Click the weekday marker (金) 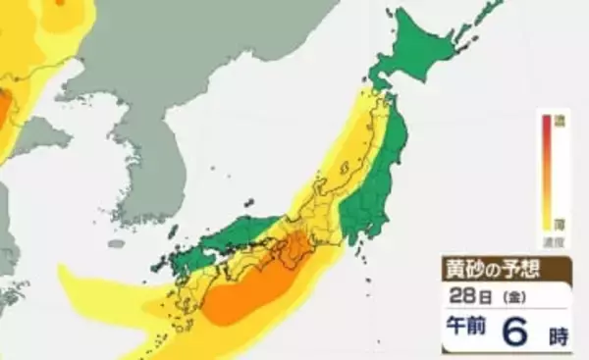click(x=514, y=296)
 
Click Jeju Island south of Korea click(x=116, y=242)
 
